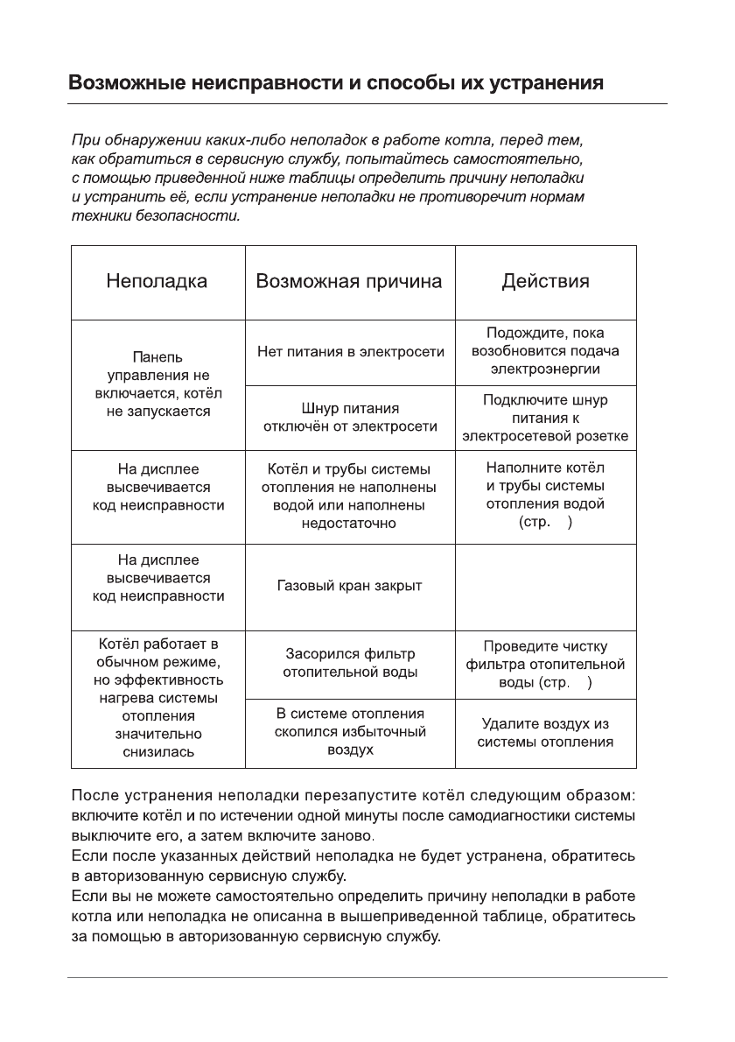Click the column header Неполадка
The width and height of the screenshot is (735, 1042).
click(x=157, y=282)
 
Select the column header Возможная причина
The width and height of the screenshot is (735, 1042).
click(x=349, y=282)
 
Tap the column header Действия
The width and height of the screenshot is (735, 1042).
click(x=545, y=282)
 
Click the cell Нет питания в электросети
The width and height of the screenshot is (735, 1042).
click(x=350, y=352)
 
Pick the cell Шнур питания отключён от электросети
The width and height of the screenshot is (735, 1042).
click(x=350, y=418)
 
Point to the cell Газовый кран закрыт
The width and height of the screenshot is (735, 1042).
click(x=350, y=586)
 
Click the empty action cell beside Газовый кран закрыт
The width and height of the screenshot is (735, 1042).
click(x=545, y=587)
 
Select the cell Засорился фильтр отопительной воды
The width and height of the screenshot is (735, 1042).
click(x=350, y=663)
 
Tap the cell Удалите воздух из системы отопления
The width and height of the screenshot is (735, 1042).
click(x=545, y=733)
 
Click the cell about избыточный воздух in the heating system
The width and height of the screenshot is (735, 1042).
click(x=350, y=732)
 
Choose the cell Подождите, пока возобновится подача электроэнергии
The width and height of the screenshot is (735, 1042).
click(x=545, y=351)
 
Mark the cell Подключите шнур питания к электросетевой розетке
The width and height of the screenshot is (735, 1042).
click(x=545, y=418)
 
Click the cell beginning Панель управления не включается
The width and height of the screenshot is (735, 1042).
click(x=157, y=384)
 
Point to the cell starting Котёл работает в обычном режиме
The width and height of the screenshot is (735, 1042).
click(x=157, y=698)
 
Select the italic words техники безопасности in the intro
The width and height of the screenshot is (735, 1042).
click(x=155, y=215)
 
